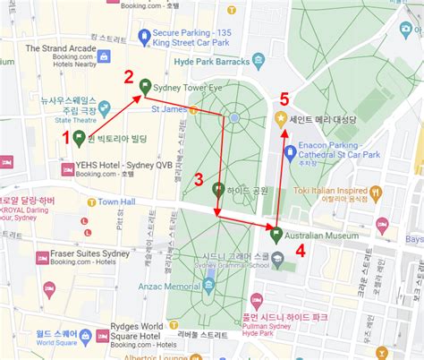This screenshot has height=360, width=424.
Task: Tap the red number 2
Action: [129, 76]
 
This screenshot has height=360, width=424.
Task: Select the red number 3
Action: [199, 177]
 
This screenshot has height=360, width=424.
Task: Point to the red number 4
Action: [301, 252]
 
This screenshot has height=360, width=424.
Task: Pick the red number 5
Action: [284, 99]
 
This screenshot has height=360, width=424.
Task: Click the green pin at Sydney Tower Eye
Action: [146, 88]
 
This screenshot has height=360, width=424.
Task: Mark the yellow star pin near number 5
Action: [281, 117]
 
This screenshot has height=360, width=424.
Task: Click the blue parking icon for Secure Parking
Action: [143, 36]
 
